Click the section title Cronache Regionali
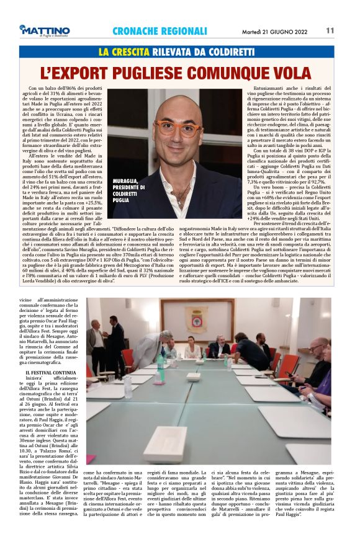tap(160, 31)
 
